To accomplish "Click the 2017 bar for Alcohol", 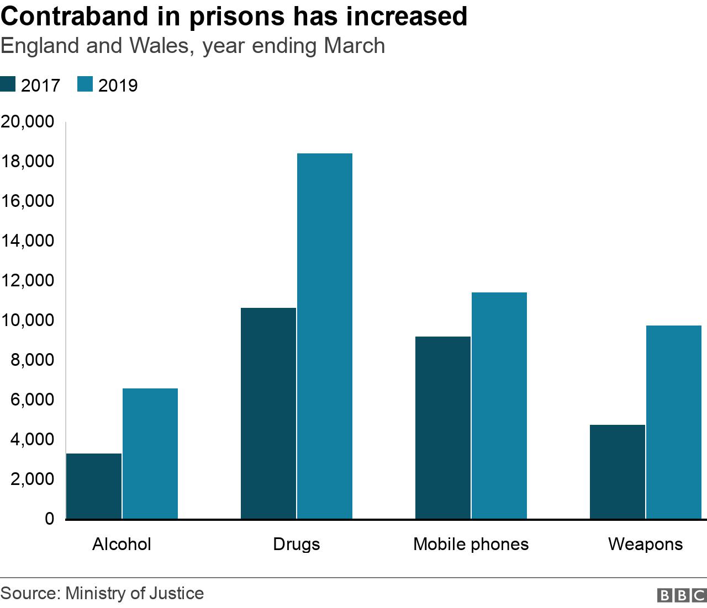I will (94, 486).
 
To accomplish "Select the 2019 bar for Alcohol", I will (150, 454).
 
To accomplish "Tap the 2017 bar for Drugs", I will (268, 413).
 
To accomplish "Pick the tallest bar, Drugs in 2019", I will (325, 336).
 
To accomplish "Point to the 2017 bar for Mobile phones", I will (443, 428).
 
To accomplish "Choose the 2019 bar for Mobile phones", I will (499, 406).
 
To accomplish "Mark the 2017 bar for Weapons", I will (618, 472).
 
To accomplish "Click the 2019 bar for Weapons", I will (674, 422).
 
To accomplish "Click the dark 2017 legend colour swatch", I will (8, 85).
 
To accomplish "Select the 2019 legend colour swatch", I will (85, 85).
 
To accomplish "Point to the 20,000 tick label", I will (28, 122).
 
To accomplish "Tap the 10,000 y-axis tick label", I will (28, 321).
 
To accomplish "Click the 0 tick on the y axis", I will (50, 519).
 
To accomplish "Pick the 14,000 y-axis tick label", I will (28, 241).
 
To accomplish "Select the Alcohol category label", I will (122, 545).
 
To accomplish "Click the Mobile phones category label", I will (471, 545).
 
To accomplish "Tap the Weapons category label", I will (645, 545).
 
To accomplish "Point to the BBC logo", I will (682, 595).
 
